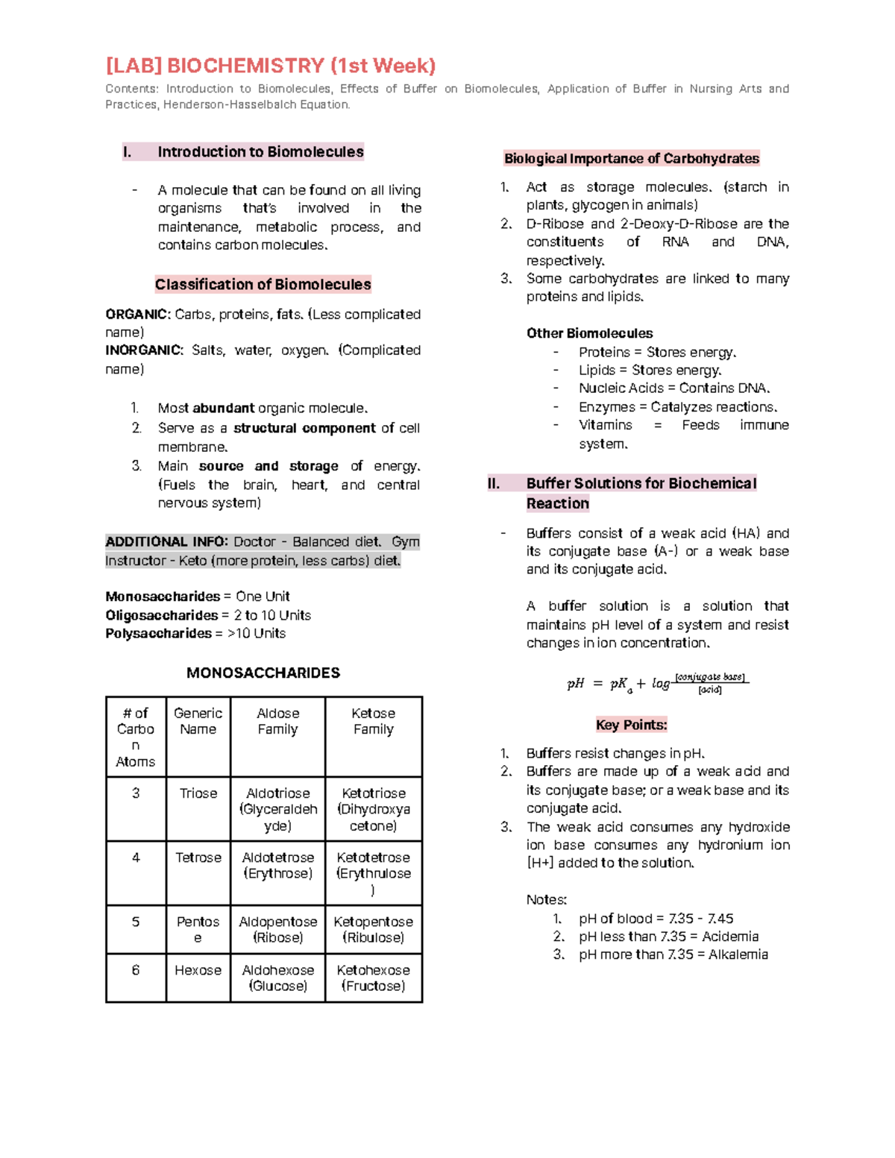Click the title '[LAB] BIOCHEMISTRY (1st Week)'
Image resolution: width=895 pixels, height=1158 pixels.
(270, 66)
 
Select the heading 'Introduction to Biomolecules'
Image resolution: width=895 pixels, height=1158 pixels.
(260, 152)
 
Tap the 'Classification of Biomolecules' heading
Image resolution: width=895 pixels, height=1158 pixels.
(263, 284)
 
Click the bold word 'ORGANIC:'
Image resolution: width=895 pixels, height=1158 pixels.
(138, 315)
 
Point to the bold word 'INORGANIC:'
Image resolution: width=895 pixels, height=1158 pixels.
(144, 350)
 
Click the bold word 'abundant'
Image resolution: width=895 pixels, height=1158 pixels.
(223, 409)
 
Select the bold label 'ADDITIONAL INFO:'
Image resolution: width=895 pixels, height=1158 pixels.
(166, 542)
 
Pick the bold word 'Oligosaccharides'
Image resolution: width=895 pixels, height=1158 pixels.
(161, 615)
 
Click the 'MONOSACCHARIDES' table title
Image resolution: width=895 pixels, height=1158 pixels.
(263, 673)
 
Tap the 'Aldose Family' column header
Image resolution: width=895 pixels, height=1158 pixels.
(277, 722)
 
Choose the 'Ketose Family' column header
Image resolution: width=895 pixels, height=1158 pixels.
(373, 722)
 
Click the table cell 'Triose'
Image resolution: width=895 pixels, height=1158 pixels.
(198, 793)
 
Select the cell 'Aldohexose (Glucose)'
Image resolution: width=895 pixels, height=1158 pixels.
(277, 978)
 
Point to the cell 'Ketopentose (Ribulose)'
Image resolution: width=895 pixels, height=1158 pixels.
(373, 930)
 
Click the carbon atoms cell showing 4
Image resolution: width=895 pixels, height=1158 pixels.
(136, 858)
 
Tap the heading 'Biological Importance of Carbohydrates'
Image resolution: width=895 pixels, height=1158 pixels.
(631, 159)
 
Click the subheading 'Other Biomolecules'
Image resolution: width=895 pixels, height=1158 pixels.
(589, 333)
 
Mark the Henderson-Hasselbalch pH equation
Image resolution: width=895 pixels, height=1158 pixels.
(657, 684)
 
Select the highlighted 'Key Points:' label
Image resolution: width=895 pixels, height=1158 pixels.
(631, 725)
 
